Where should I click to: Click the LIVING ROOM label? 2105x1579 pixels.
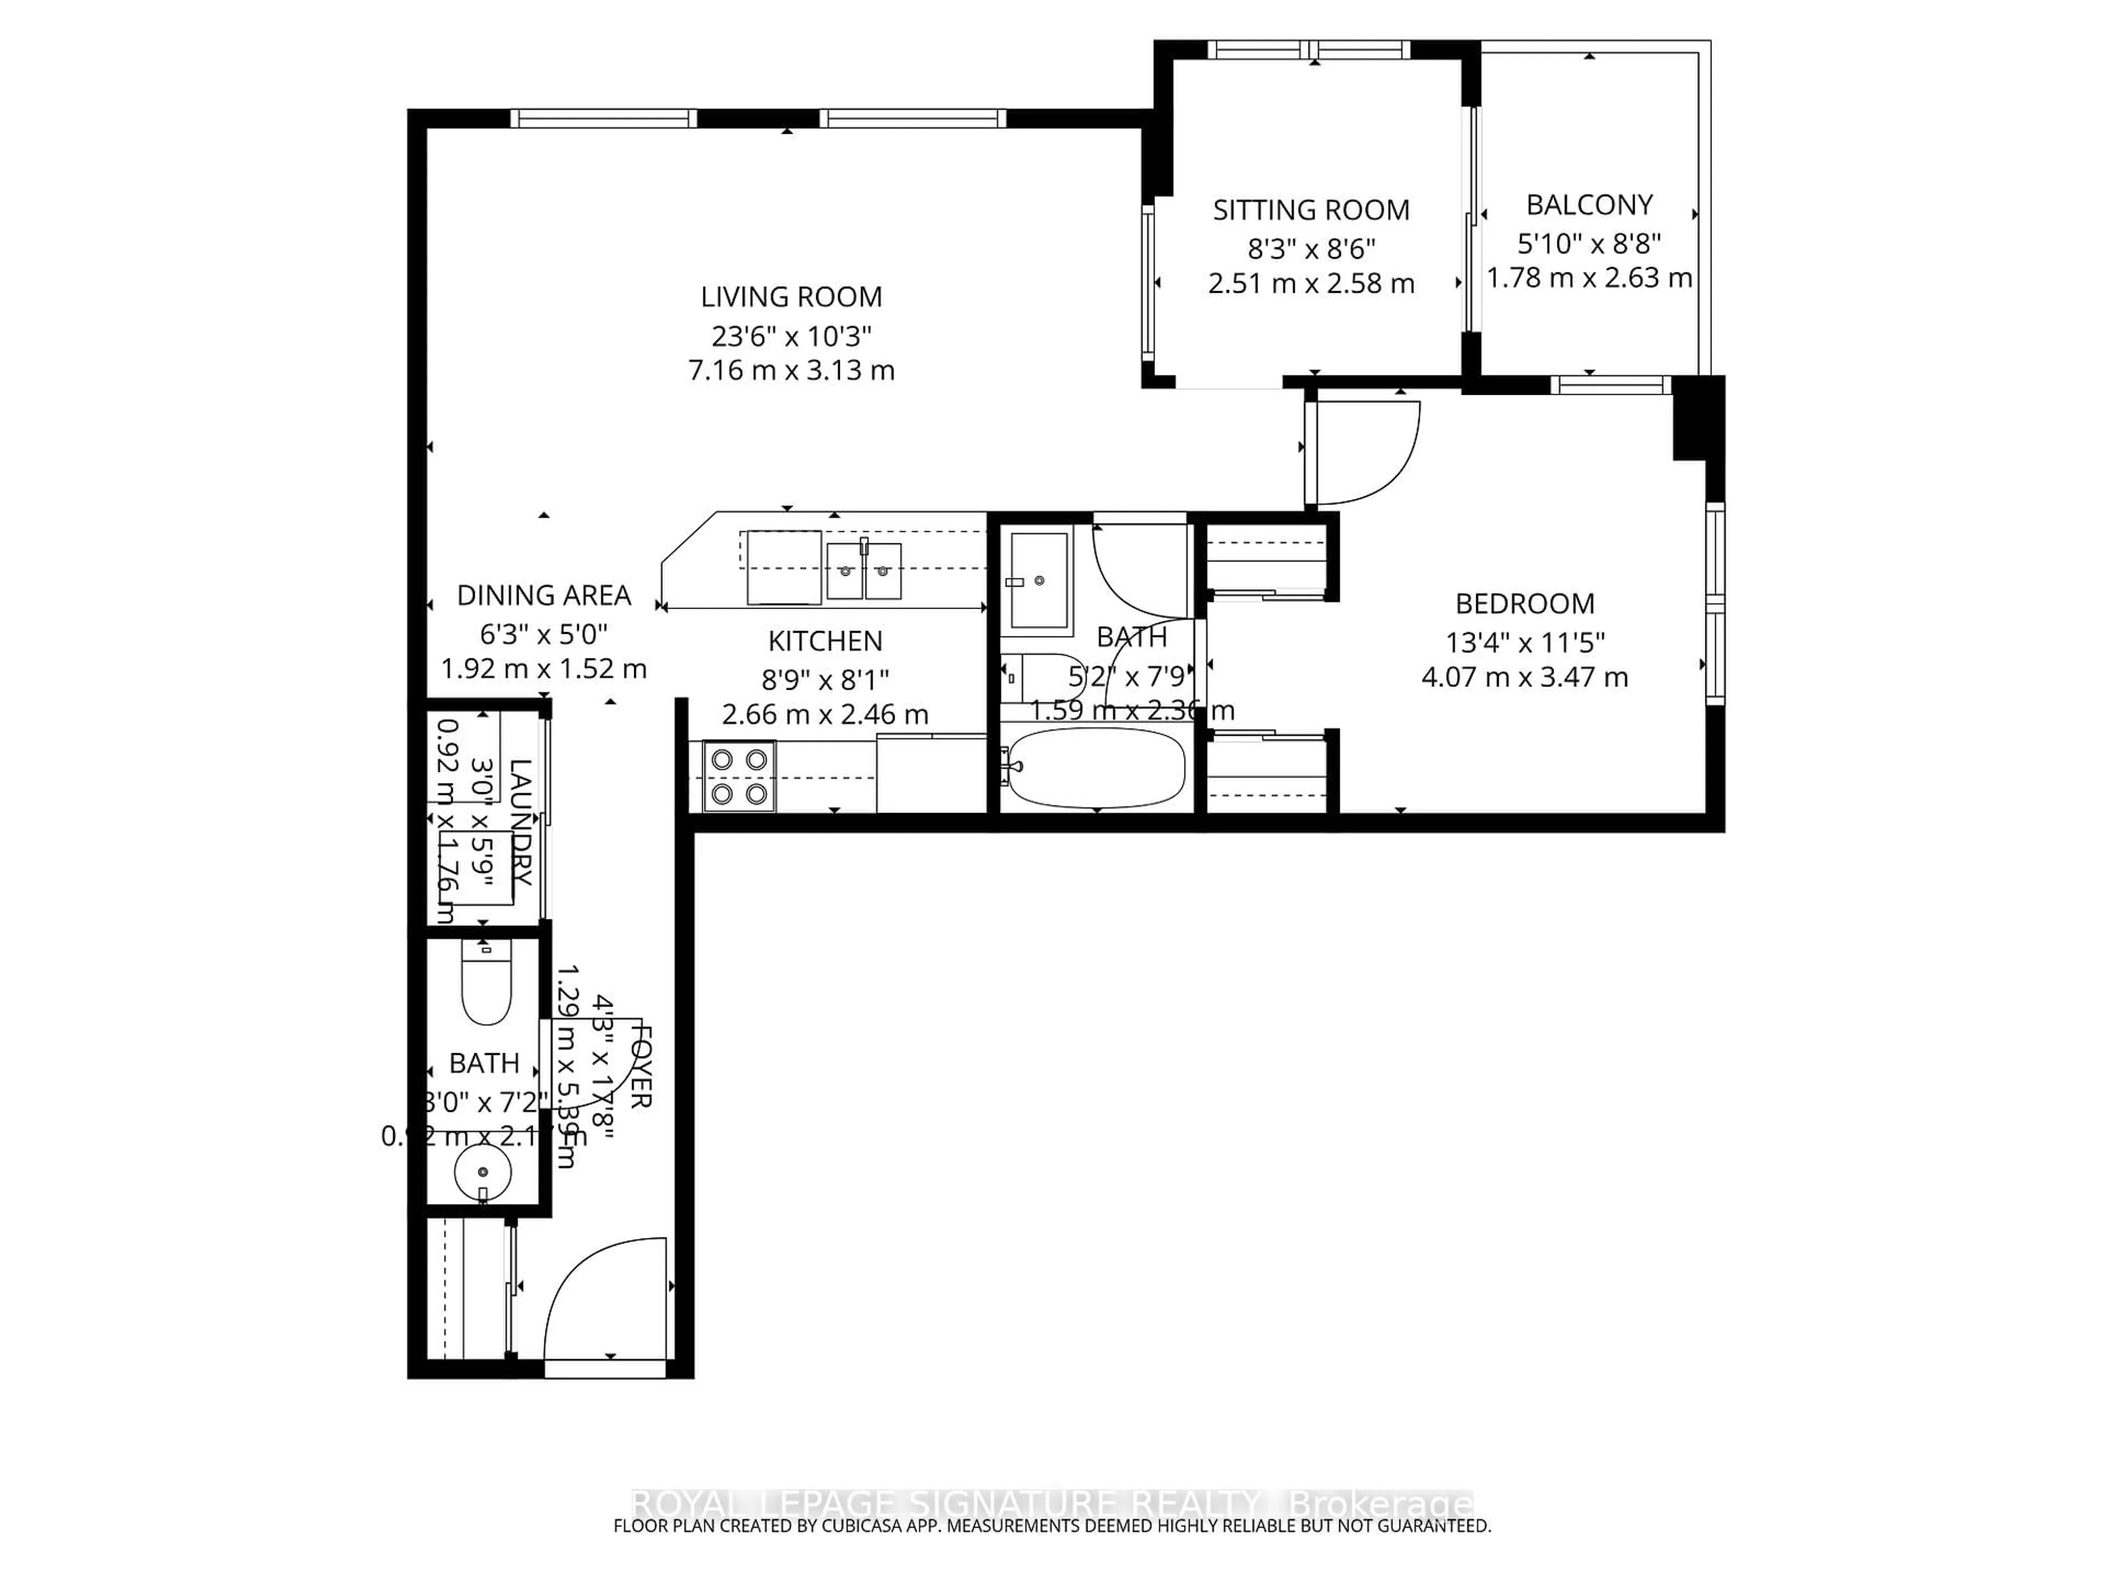(x=791, y=297)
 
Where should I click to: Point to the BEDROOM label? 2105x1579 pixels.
(x=1524, y=604)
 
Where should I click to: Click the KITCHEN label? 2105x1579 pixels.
(x=825, y=640)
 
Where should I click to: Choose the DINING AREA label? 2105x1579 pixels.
(x=543, y=595)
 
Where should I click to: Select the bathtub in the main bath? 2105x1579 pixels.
(x=1096, y=767)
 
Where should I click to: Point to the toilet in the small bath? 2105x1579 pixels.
(x=486, y=985)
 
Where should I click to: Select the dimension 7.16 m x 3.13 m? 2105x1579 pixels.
(x=791, y=370)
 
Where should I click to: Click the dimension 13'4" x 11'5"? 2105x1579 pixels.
(x=1524, y=643)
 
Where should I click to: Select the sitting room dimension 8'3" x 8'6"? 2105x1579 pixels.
(x=1310, y=248)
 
